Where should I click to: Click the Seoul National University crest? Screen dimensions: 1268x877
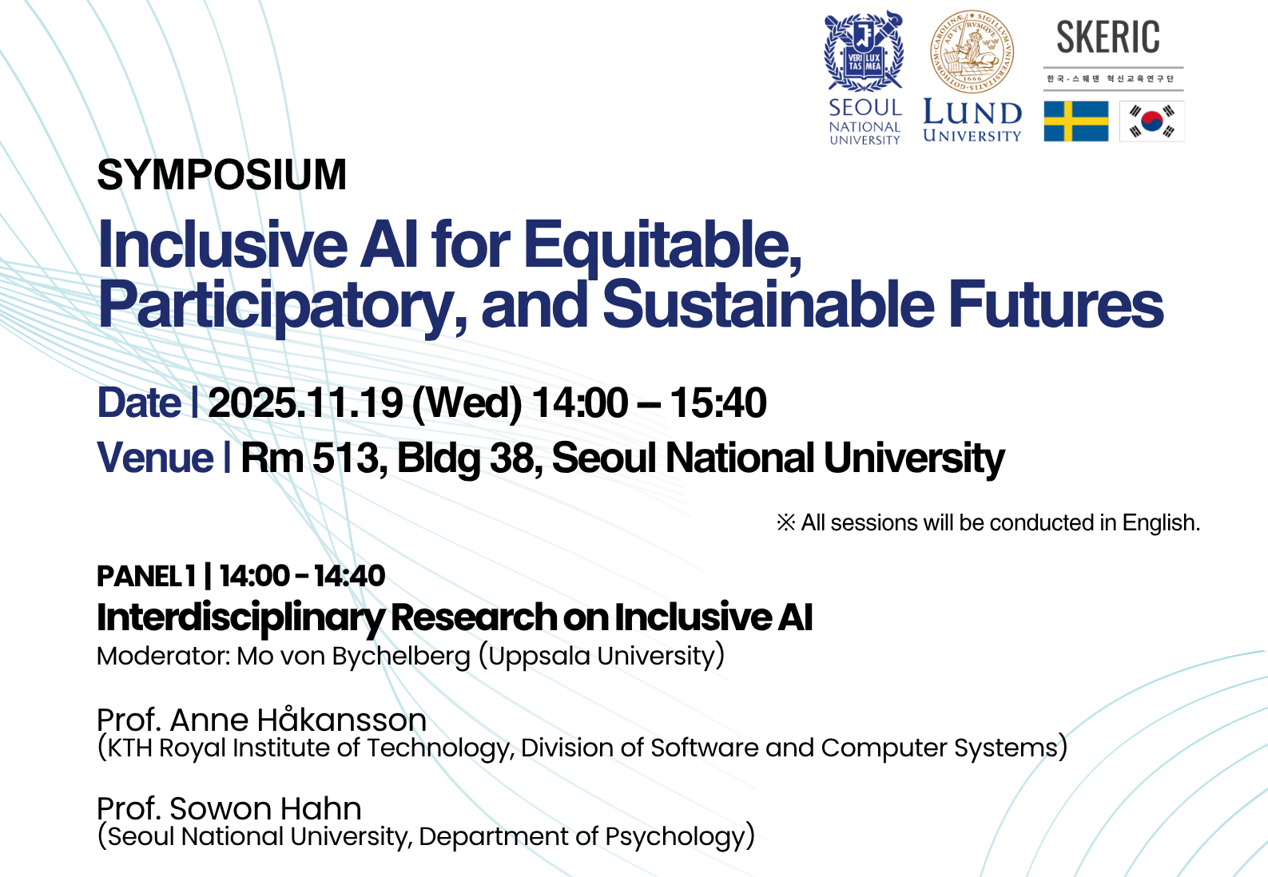863,51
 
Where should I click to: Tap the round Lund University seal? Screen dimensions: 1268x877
972,51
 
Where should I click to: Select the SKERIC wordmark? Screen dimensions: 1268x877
1107,38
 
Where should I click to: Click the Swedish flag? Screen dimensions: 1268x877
1076,121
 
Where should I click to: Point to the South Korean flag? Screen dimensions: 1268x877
1152,121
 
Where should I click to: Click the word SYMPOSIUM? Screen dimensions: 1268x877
221,175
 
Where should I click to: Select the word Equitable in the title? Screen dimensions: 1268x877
662,247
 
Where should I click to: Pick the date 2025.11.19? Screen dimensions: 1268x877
306,403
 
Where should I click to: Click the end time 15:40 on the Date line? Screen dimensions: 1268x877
718,403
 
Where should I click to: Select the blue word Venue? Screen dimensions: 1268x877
155,457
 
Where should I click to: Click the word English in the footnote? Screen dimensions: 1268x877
1161,523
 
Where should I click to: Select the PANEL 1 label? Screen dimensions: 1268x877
146,576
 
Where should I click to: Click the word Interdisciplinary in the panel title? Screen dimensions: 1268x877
240,618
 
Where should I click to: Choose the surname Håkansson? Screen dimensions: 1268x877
341,720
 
